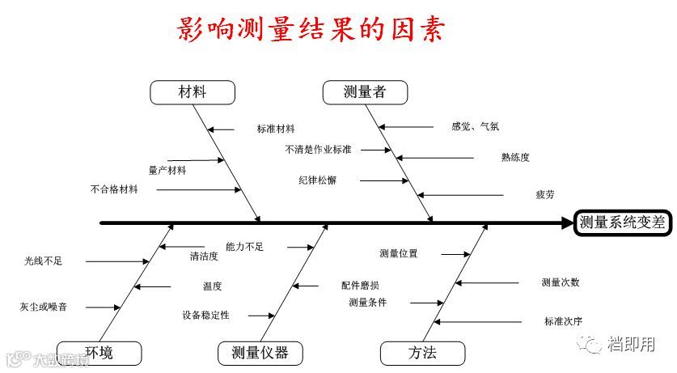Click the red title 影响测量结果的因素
coord(311,30)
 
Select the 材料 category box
coord(193,92)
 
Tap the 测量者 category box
coord(364,92)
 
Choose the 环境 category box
coord(99,353)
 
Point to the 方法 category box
coord(422,353)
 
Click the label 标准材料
coord(276,129)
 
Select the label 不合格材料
coord(114,189)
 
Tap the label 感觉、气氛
coord(476,126)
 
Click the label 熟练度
coord(515,157)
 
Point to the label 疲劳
coord(544,195)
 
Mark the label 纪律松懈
coord(317,180)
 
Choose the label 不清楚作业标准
coord(318,150)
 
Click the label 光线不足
coord(43,261)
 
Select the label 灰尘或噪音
coord(43,307)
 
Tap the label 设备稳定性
coord(206,315)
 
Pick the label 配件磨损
coord(360,286)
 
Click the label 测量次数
coord(561,282)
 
